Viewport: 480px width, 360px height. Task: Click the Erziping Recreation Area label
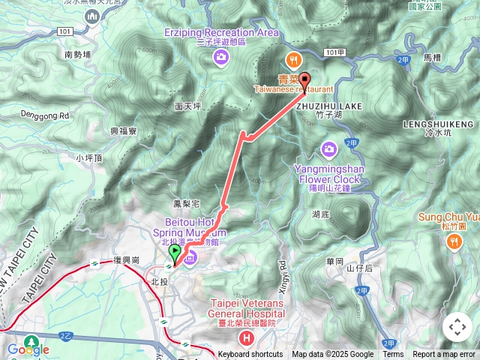click(x=222, y=32)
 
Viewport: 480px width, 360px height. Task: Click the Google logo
click(x=28, y=349)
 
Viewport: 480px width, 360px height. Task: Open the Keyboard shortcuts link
click(x=250, y=355)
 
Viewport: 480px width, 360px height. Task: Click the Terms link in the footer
click(x=393, y=355)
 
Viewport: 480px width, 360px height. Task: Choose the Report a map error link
click(x=444, y=355)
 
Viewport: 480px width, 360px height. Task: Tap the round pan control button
click(x=457, y=327)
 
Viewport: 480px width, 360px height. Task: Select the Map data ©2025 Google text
click(x=333, y=355)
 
